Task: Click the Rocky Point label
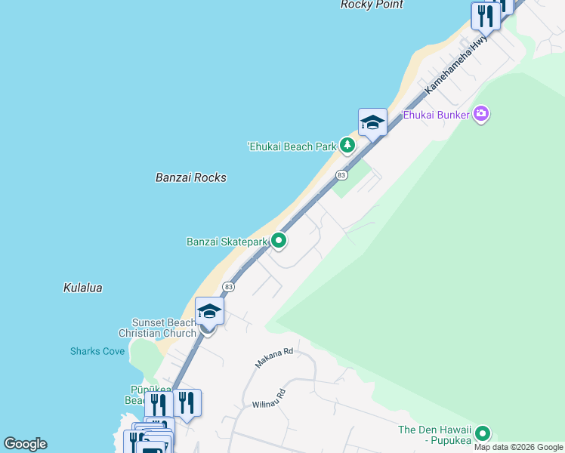pyautogui.click(x=372, y=5)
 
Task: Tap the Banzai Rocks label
pyautogui.click(x=190, y=177)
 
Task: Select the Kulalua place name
pyautogui.click(x=82, y=288)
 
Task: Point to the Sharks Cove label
pyautogui.click(x=97, y=351)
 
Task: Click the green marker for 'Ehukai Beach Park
pyautogui.click(x=347, y=144)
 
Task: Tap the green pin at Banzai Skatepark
pyautogui.click(x=279, y=241)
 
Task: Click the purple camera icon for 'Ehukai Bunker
pyautogui.click(x=481, y=115)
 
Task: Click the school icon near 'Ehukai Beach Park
pyautogui.click(x=372, y=122)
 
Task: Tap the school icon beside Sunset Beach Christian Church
pyautogui.click(x=209, y=310)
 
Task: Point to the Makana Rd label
pyautogui.click(x=273, y=357)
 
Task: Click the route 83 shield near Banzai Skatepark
pyautogui.click(x=228, y=287)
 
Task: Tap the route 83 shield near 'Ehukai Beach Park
pyautogui.click(x=341, y=175)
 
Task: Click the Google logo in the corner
pyautogui.click(x=25, y=444)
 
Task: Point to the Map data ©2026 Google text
pyautogui.click(x=518, y=447)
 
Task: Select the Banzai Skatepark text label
pyautogui.click(x=227, y=242)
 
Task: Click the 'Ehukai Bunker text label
pyautogui.click(x=436, y=115)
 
